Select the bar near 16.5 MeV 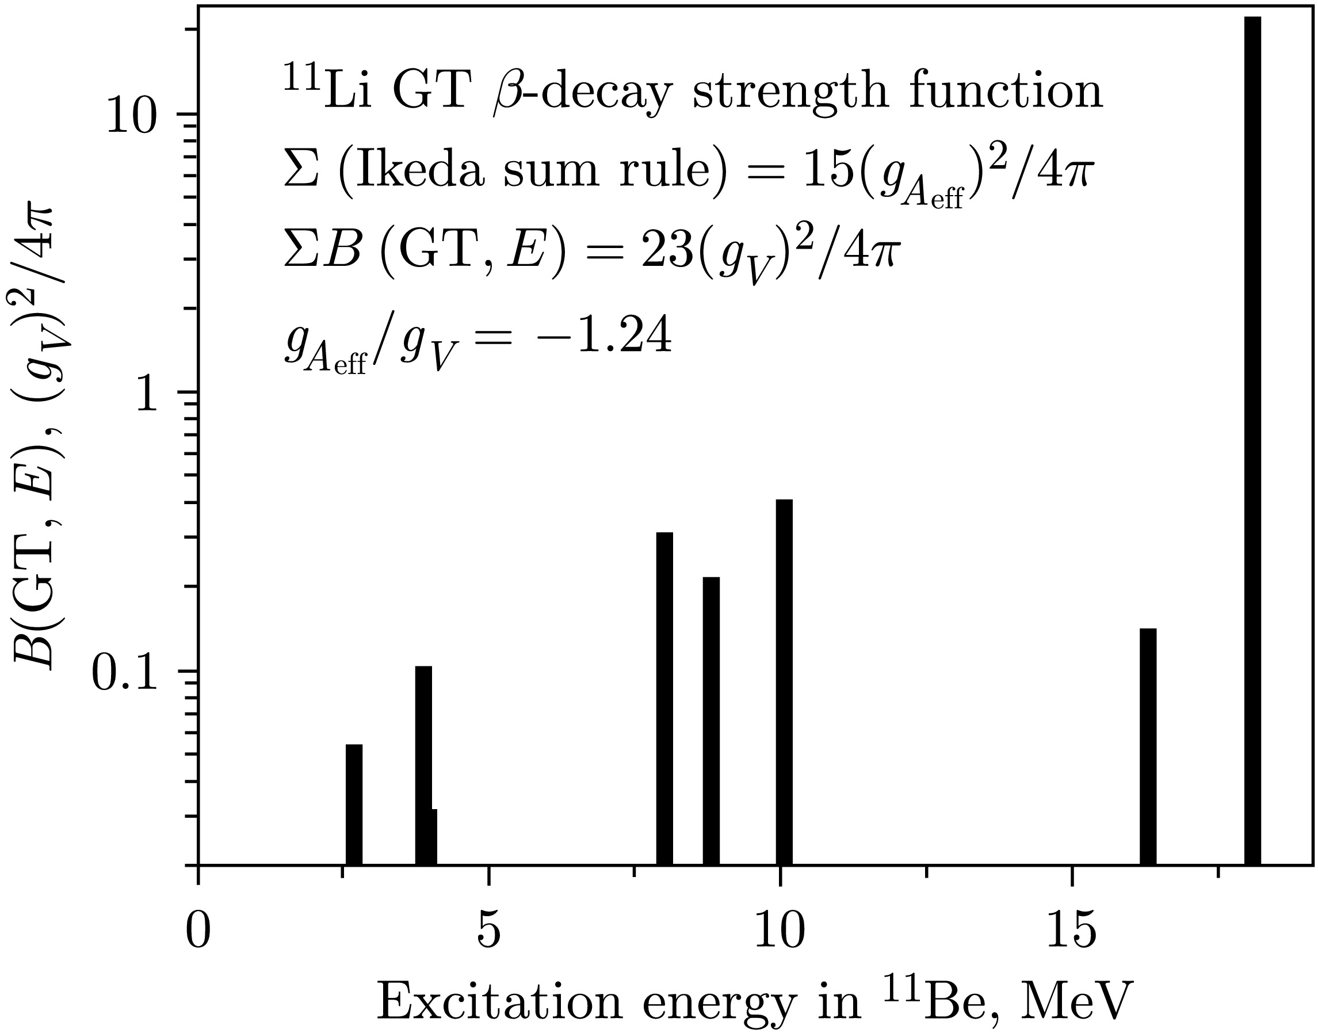pyautogui.click(x=1148, y=746)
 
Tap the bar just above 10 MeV pyautogui.click(x=784, y=681)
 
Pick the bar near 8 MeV pyautogui.click(x=664, y=698)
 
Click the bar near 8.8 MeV pyautogui.click(x=711, y=721)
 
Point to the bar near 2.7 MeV pyautogui.click(x=354, y=804)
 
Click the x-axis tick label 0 pyautogui.click(x=198, y=932)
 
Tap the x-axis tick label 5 pyautogui.click(x=488, y=932)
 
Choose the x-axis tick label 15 pyautogui.click(x=1071, y=932)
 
